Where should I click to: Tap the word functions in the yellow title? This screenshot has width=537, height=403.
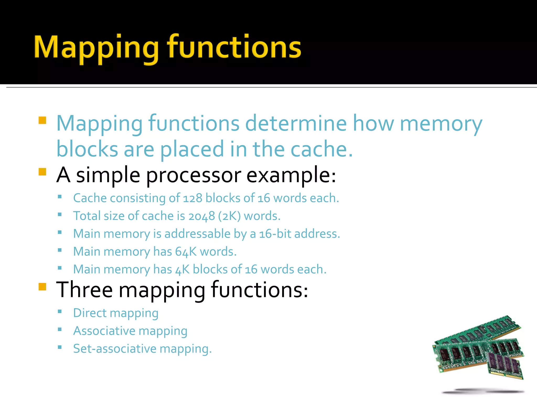[234, 47]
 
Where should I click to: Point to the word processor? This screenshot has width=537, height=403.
[193, 175]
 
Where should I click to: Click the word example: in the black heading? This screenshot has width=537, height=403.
[291, 175]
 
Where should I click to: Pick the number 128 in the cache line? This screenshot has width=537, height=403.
[192, 198]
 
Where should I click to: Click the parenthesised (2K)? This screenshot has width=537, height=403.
[229, 216]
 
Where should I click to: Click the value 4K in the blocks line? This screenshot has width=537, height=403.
[182, 269]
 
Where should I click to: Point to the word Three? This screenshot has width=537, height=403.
[84, 290]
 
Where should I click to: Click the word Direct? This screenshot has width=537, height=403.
[90, 313]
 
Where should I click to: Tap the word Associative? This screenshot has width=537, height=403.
[104, 331]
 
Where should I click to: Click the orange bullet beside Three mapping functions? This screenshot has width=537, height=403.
[42, 287]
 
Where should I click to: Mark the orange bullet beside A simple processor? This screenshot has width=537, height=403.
[42, 172]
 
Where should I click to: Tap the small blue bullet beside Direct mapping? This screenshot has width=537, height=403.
[60, 312]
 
